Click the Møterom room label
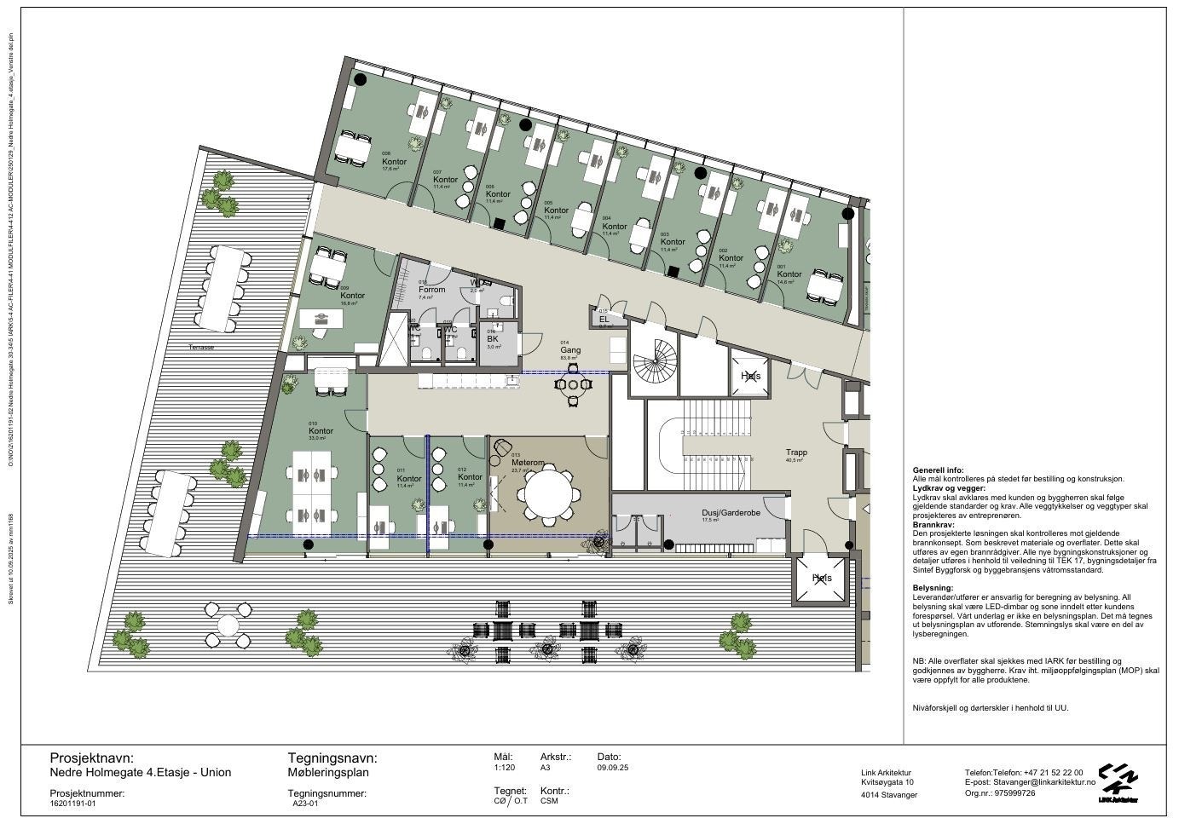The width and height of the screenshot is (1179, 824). click(528, 463)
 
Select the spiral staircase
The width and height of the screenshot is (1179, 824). click(655, 360)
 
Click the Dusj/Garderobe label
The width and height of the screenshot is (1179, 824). click(731, 513)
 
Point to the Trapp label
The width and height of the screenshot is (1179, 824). click(796, 452)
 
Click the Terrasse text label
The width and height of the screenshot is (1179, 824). click(202, 348)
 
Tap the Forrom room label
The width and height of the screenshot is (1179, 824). click(431, 290)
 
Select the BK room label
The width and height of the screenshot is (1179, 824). click(492, 338)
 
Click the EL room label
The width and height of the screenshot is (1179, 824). click(604, 320)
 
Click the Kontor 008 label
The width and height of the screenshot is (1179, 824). click(394, 162)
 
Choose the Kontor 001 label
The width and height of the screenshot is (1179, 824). click(789, 274)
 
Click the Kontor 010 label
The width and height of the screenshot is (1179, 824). click(321, 431)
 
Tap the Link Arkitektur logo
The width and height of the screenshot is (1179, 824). click(1118, 780)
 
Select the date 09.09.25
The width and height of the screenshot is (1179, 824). click(613, 768)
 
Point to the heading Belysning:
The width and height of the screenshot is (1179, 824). click(933, 588)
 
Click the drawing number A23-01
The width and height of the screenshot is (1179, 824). click(304, 803)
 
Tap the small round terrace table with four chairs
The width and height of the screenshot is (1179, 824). click(227, 624)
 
